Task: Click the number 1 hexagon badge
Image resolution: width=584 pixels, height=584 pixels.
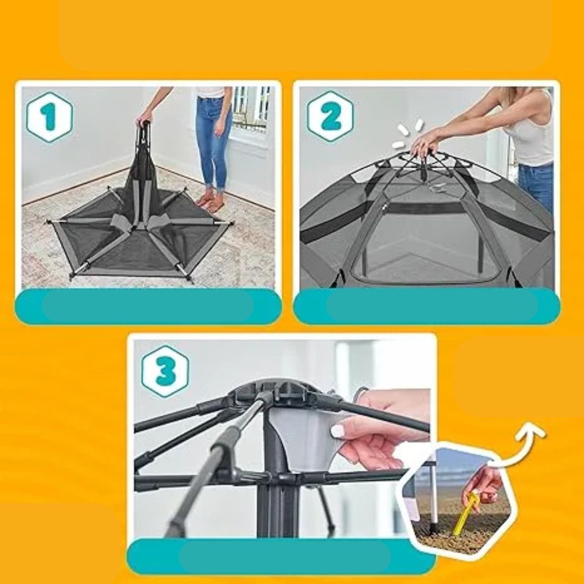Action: [50, 117]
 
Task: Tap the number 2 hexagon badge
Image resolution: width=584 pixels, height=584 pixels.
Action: [330, 116]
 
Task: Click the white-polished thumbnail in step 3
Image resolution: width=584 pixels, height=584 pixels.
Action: [337, 432]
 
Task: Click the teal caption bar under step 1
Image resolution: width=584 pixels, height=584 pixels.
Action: [148, 306]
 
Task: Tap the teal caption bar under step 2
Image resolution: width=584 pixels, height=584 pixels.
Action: [427, 306]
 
